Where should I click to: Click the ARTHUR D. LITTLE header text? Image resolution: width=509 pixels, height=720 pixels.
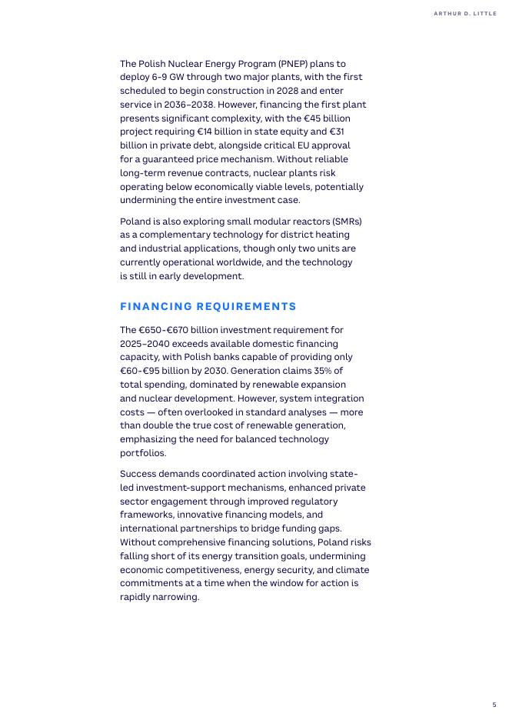click(x=465, y=14)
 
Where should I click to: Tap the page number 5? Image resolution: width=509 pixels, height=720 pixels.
click(x=494, y=705)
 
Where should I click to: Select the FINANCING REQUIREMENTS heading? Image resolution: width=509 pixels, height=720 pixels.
click(x=208, y=306)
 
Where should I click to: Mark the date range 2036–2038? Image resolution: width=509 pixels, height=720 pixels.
click(x=189, y=105)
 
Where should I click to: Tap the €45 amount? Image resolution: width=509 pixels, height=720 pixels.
click(x=307, y=118)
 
